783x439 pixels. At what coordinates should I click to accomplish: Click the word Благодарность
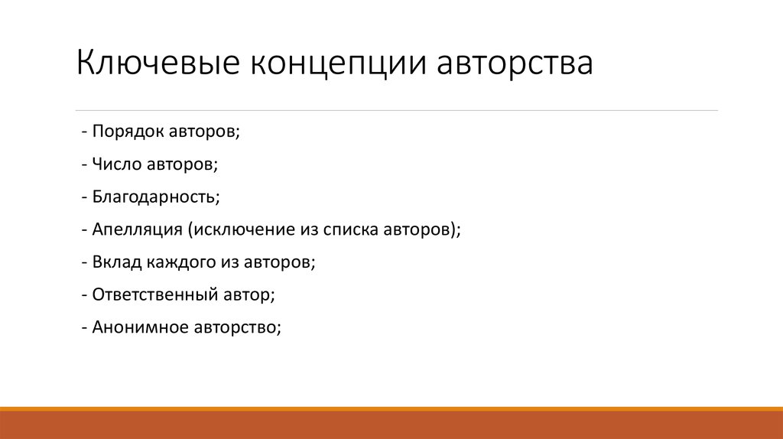(x=155, y=197)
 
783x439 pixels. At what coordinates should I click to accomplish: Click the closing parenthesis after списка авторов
(x=453, y=229)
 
